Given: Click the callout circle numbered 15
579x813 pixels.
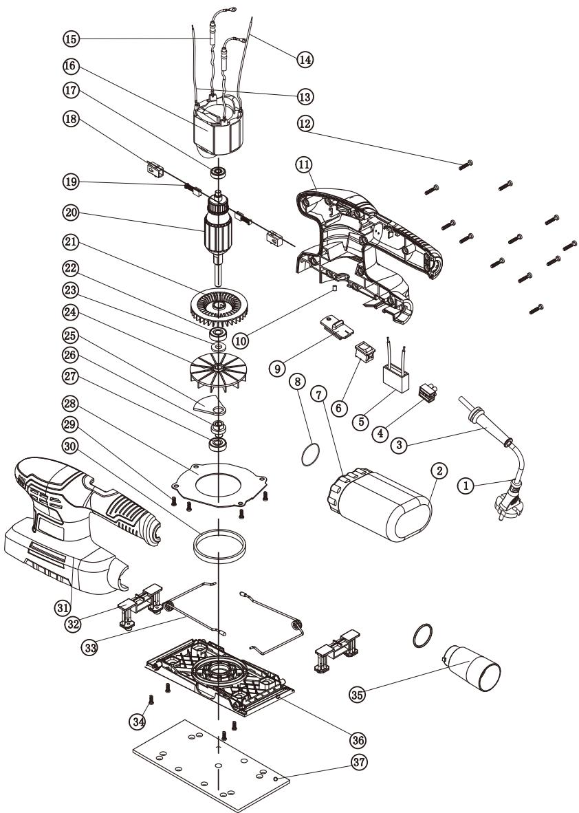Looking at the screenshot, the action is [x=71, y=39].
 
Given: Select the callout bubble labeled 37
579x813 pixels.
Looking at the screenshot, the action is [x=359, y=762].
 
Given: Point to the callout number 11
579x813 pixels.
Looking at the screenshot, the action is [x=304, y=164].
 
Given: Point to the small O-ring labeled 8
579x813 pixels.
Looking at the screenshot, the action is [x=309, y=441].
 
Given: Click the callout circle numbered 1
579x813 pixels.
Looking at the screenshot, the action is [x=466, y=486].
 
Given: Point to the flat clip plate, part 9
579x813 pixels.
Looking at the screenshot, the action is [x=336, y=327].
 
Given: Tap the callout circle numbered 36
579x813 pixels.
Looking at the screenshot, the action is [x=358, y=740].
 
